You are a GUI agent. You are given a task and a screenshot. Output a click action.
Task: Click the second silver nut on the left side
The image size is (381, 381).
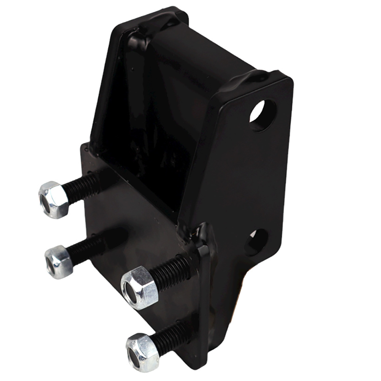[x=59, y=262]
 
